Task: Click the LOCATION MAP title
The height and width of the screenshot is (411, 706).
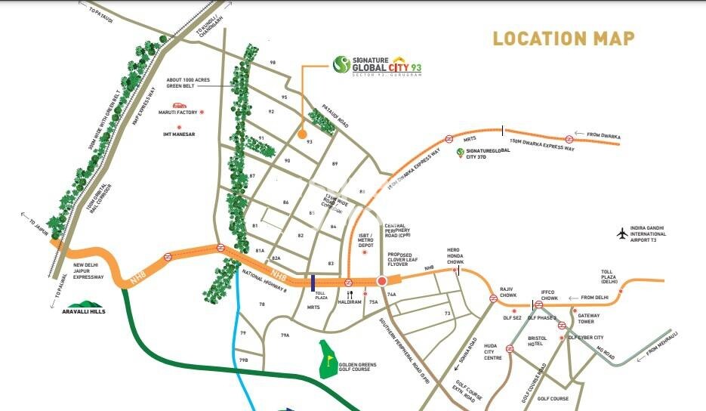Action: [563, 38]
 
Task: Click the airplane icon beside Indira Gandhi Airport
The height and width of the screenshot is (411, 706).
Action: [622, 233]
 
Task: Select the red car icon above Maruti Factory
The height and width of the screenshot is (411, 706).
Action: [179, 105]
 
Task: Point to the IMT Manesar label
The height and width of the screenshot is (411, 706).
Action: [179, 134]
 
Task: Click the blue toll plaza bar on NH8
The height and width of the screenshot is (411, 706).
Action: [312, 283]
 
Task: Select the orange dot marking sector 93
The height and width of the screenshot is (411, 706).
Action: [302, 135]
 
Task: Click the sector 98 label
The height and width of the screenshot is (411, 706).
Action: [273, 62]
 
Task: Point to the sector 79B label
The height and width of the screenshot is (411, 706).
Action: [244, 360]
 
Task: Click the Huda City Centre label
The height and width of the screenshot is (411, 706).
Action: [493, 352]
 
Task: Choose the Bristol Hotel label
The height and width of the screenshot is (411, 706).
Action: [536, 341]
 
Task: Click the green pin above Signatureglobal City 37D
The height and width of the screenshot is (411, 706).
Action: [460, 153]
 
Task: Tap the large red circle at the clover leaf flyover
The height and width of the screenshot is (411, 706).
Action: [381, 282]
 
